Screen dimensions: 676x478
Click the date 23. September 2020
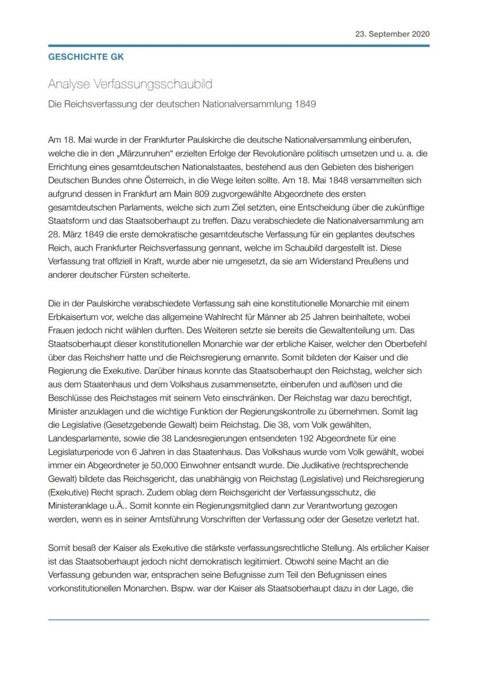[392, 34]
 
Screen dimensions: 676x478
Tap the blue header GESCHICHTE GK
[85, 57]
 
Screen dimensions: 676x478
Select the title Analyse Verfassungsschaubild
[130, 84]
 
